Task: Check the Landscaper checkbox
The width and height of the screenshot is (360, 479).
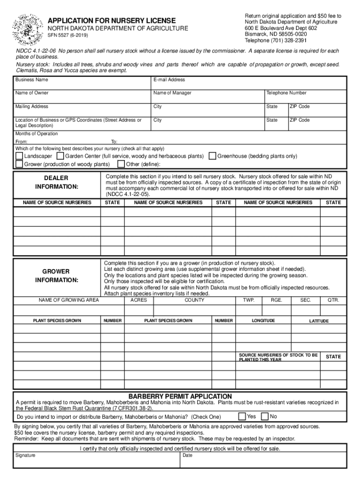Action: [x=19, y=156]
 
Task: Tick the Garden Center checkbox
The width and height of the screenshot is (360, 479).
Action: [x=60, y=156]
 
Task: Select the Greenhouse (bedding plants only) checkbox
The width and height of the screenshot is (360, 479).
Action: [x=212, y=156]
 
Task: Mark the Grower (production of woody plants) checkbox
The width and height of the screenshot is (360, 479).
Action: [x=19, y=164]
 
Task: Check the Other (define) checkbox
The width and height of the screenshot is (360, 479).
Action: [x=121, y=164]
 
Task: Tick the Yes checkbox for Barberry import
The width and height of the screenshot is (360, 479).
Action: [x=242, y=416]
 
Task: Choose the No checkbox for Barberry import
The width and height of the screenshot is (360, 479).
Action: [x=265, y=416]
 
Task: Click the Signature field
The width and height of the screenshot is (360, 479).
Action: [x=96, y=460]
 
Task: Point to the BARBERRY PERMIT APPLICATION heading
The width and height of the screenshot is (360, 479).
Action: [x=180, y=396]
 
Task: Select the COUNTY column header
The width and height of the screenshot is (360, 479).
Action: [x=194, y=300]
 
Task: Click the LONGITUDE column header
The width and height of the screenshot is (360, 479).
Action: [x=263, y=320]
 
